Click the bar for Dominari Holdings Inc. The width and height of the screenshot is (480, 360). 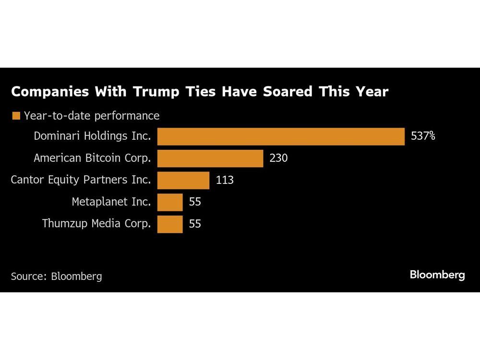[281, 136]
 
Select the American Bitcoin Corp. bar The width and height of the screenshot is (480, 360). [210, 158]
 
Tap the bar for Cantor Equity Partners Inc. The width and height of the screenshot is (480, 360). [183, 180]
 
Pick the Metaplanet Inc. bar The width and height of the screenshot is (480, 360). [170, 202]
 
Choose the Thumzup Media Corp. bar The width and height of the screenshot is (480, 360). [170, 224]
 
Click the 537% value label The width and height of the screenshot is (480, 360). [423, 136]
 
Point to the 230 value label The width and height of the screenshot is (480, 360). [278, 158]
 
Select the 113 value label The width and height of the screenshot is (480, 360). [225, 180]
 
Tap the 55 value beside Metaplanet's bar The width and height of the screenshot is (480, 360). [195, 202]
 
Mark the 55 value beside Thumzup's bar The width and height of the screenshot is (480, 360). [195, 224]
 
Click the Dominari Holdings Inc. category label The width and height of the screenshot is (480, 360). [92, 136]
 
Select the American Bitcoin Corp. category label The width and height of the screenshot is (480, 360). [92, 158]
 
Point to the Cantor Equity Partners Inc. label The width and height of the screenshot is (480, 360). [81, 180]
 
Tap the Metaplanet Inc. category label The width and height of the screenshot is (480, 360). [111, 202]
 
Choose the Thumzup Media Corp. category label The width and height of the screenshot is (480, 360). [96, 224]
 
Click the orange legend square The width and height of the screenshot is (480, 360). [16, 116]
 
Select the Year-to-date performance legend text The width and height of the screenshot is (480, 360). [91, 116]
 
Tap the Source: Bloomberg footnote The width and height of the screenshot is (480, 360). [56, 276]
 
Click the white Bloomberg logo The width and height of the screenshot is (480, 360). [437, 275]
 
